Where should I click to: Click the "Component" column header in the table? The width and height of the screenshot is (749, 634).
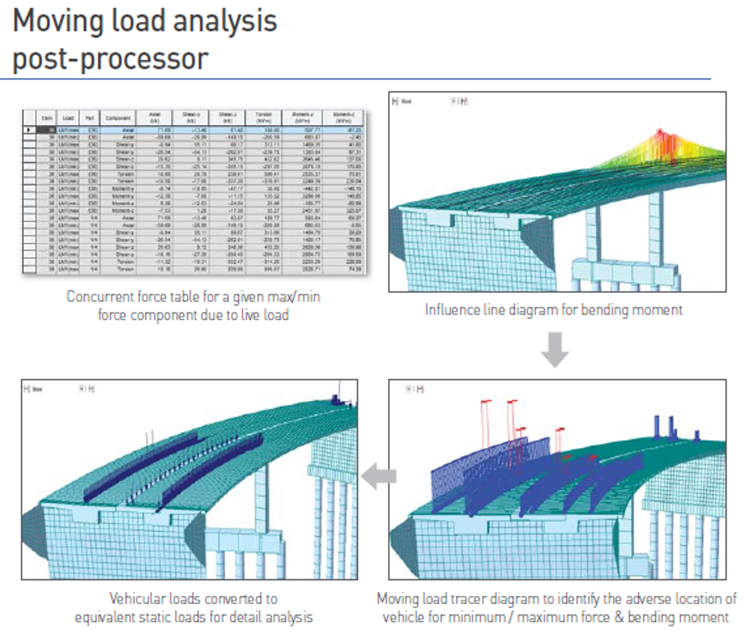[x=119, y=118]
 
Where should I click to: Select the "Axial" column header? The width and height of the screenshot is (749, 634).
[x=155, y=118]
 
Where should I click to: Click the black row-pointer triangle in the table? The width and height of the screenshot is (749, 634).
[x=29, y=130]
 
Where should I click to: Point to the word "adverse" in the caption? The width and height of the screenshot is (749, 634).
[x=632, y=600]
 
